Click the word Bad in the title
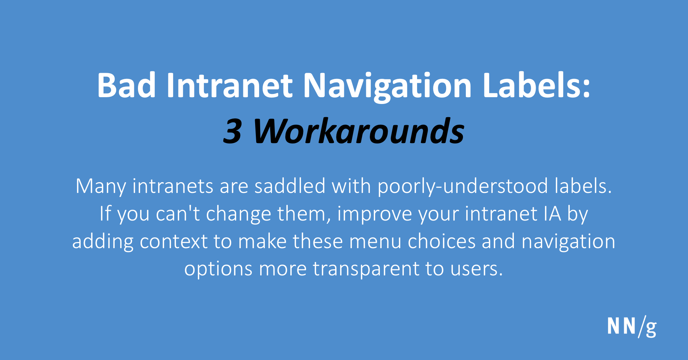tap(126, 86)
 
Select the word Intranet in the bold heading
tap(230, 86)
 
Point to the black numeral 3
tap(232, 132)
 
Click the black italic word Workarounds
tap(358, 132)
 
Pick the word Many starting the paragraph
tap(101, 186)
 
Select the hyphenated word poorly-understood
tap(463, 186)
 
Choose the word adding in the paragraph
tap(102, 242)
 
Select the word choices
tap(441, 242)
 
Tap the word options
tap(218, 269)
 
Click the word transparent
tap(366, 269)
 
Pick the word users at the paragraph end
tap(476, 269)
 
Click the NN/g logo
tap(632, 327)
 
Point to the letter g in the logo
tap(651, 328)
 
